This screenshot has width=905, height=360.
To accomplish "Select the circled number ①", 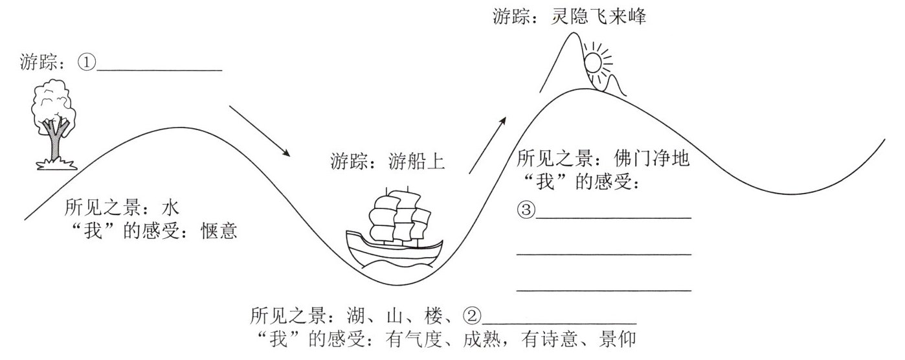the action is click(x=87, y=63).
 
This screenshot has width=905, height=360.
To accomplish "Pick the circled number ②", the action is click(x=473, y=317).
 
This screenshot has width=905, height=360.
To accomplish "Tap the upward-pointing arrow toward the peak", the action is click(x=487, y=145).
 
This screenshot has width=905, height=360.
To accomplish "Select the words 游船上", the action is click(x=417, y=161).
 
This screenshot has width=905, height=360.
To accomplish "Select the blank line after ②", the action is click(x=560, y=322).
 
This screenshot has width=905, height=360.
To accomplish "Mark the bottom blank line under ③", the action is click(x=603, y=291).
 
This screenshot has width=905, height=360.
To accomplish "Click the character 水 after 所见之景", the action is click(x=170, y=208).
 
